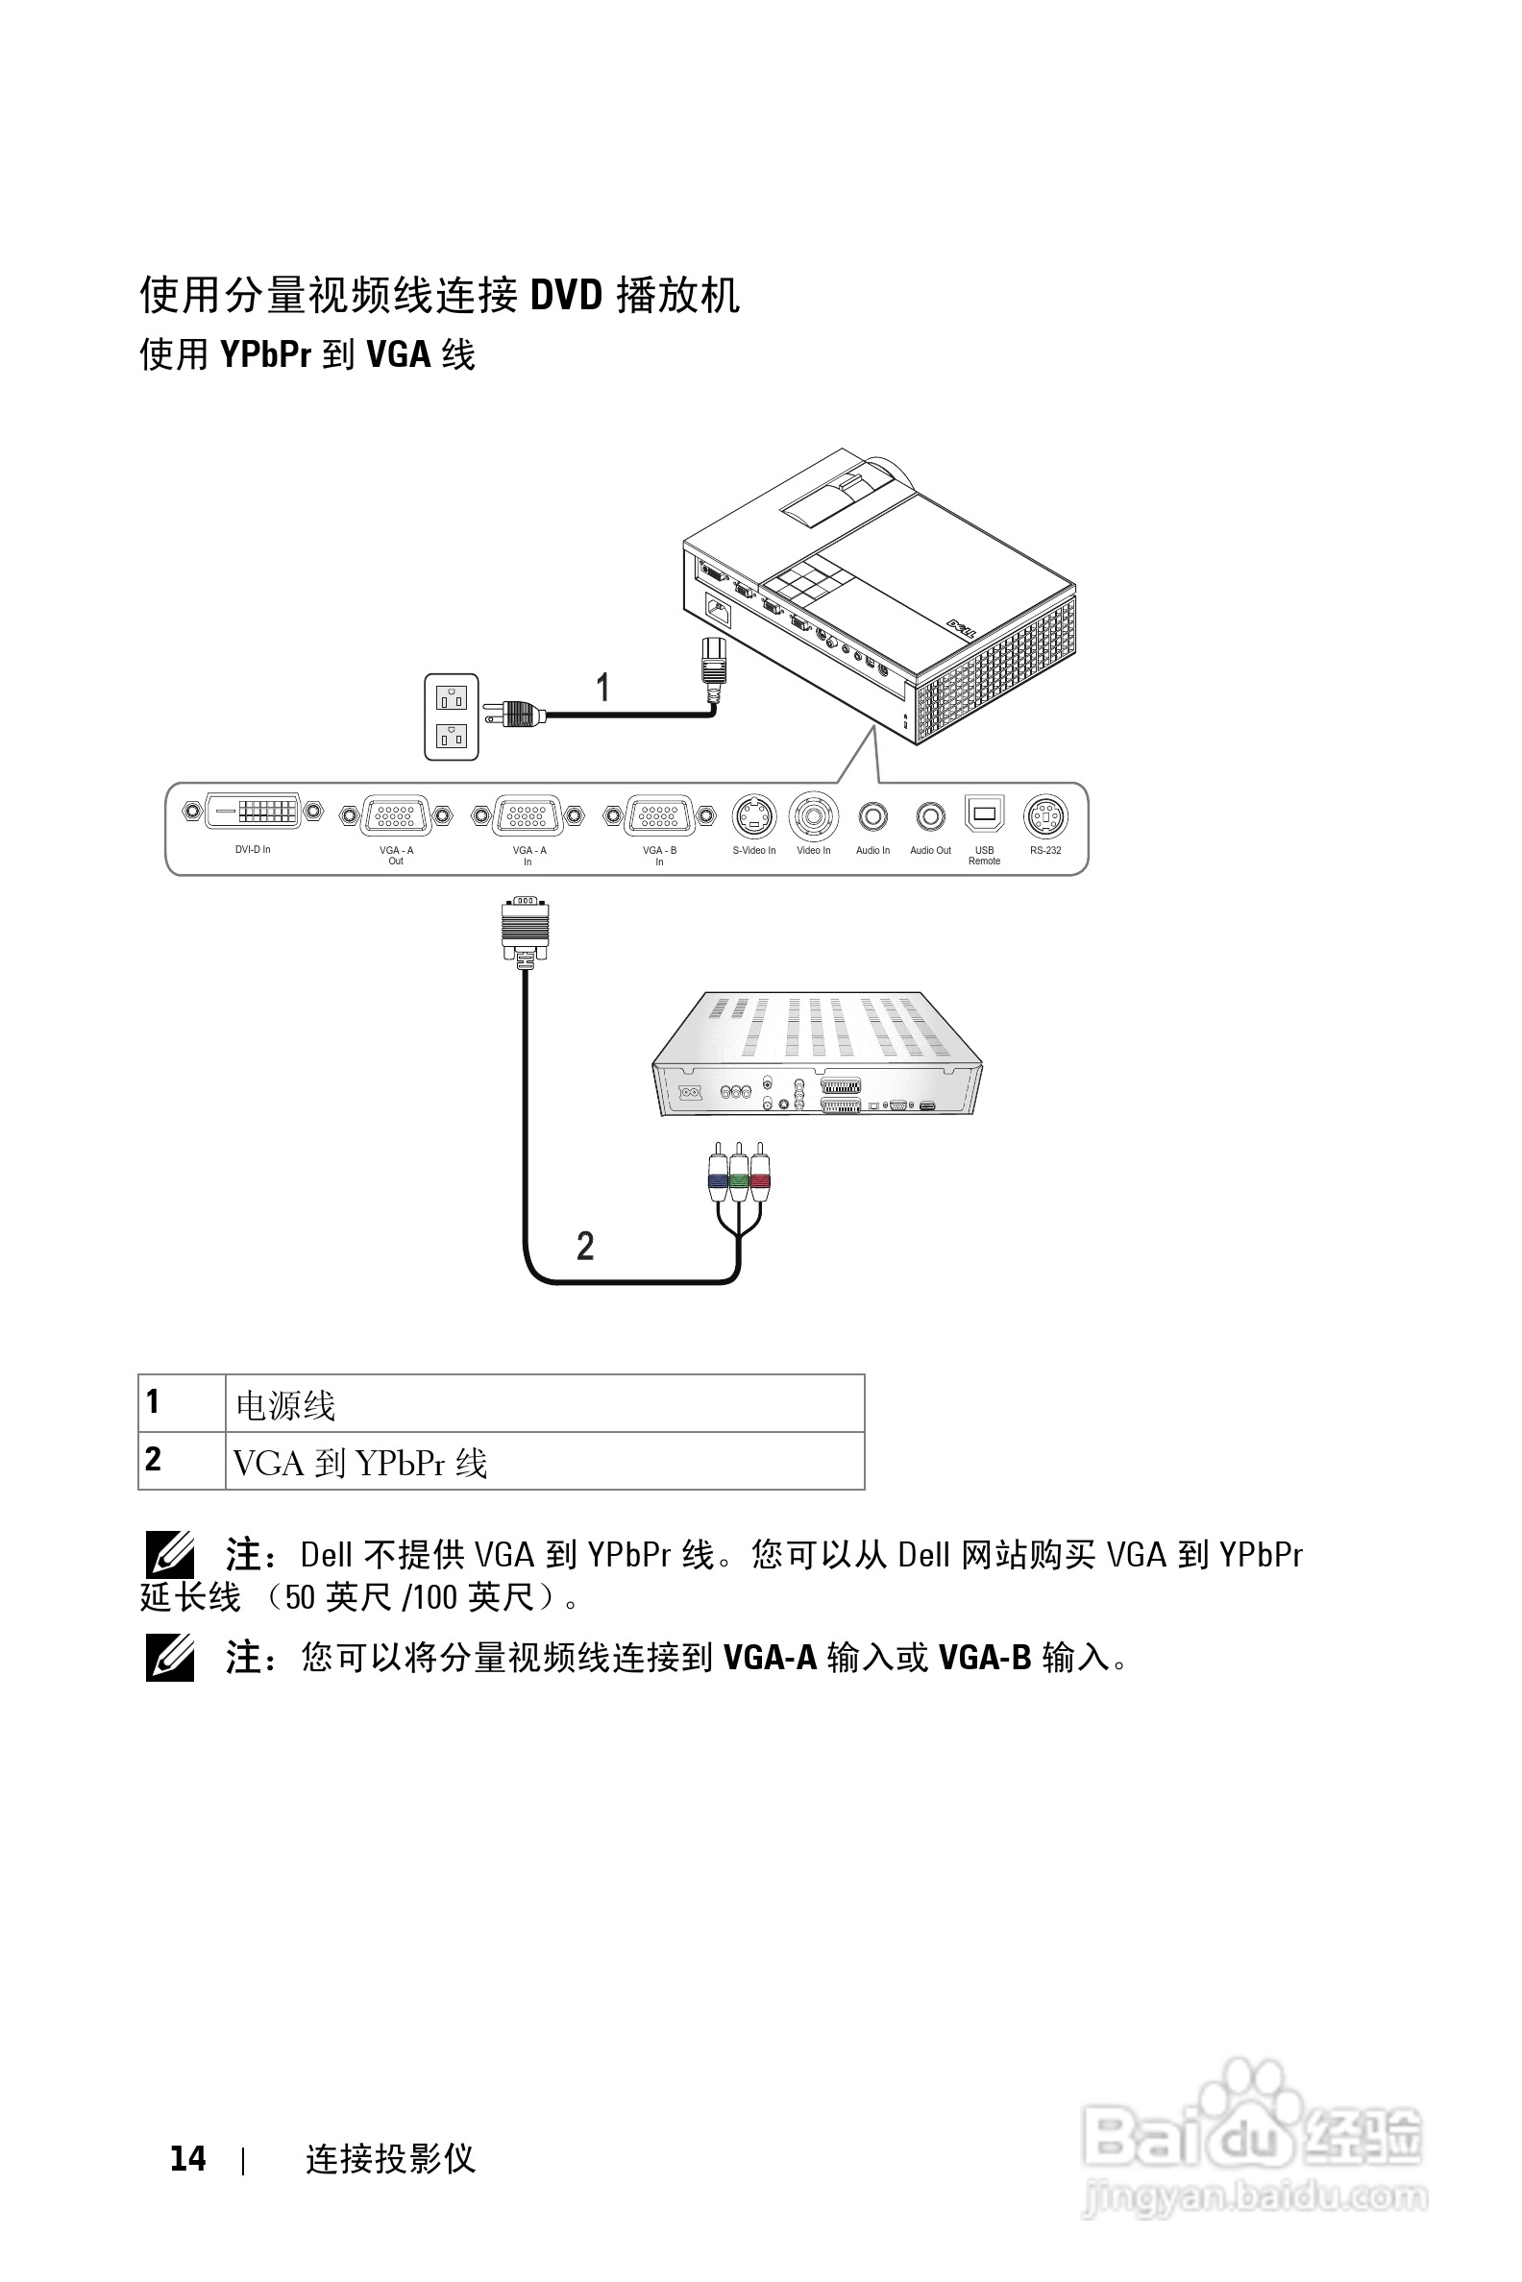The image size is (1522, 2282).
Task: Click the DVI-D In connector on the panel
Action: pyautogui.click(x=254, y=812)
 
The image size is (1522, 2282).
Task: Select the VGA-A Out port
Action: pyautogui.click(x=396, y=816)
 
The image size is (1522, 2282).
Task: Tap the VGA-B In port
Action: pyautogui.click(x=659, y=816)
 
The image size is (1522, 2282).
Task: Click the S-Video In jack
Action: pyautogui.click(x=754, y=817)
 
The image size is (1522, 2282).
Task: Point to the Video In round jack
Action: pyautogui.click(x=814, y=817)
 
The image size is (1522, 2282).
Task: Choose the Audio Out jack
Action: pyautogui.click(x=930, y=817)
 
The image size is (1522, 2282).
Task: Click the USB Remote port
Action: pyautogui.click(x=984, y=813)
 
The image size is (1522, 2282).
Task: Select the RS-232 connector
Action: pyautogui.click(x=1045, y=817)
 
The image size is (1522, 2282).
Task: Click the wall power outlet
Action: pyautogui.click(x=452, y=716)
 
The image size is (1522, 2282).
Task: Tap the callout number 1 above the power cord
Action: pyautogui.click(x=602, y=687)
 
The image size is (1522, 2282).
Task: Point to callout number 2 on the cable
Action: pyautogui.click(x=585, y=1246)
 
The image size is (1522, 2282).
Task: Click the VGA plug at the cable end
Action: pyautogui.click(x=526, y=930)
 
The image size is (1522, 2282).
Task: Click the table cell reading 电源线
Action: pyautogui.click(x=286, y=1405)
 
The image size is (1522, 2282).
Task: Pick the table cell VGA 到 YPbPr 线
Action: pyautogui.click(x=360, y=1462)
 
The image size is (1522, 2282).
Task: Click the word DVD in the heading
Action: pyautogui.click(x=566, y=295)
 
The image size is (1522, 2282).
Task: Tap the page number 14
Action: pyautogui.click(x=187, y=2158)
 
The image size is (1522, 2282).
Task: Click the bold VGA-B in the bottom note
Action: pyautogui.click(x=983, y=1657)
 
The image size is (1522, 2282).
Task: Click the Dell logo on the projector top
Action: pyautogui.click(x=967, y=632)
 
